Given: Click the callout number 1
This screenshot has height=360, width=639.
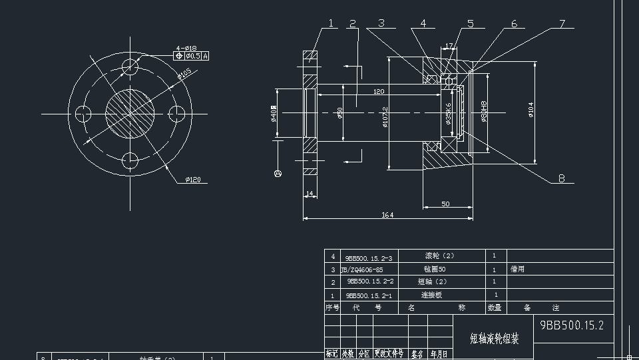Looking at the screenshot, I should click(x=331, y=24).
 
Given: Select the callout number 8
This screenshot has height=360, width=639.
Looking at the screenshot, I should click(x=562, y=178).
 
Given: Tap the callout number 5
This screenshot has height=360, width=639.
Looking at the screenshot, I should click(x=471, y=24).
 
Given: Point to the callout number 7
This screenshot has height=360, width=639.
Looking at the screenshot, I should click(x=562, y=24).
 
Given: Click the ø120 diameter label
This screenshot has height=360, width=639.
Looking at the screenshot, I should click(x=192, y=180).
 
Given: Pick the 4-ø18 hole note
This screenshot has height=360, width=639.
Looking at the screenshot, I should click(x=186, y=48).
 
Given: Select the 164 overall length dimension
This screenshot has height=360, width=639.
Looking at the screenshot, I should click(x=387, y=214).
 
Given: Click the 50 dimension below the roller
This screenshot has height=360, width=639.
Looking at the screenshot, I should click(x=445, y=204).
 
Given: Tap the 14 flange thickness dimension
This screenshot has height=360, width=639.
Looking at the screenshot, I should click(x=310, y=194).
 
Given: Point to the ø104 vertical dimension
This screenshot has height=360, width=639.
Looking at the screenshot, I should click(x=531, y=110).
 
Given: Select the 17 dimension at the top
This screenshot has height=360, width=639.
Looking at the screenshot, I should click(x=449, y=46).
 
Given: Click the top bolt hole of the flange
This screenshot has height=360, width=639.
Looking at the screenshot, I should click(x=130, y=68).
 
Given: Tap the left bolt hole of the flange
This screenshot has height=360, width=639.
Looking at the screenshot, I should click(x=83, y=114).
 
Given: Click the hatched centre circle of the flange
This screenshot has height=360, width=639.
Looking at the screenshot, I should click(x=130, y=114).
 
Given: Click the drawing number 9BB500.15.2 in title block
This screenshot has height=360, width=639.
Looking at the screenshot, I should click(x=572, y=325).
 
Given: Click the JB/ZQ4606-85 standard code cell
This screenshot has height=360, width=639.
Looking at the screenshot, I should click(x=362, y=270).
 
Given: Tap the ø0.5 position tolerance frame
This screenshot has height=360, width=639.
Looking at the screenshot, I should click(x=191, y=56).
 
